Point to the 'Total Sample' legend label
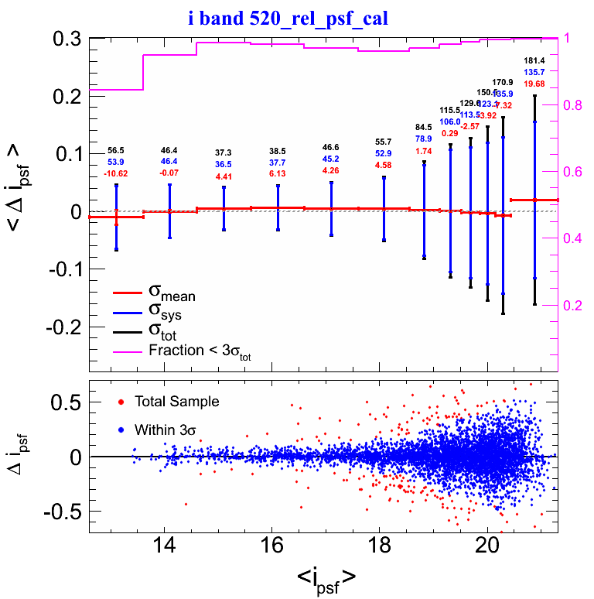(176, 402)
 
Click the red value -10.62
(116, 175)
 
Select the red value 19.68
(534, 84)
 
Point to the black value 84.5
(424, 127)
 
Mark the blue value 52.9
(384, 155)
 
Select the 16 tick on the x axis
(271, 544)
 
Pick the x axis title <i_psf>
(326, 577)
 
